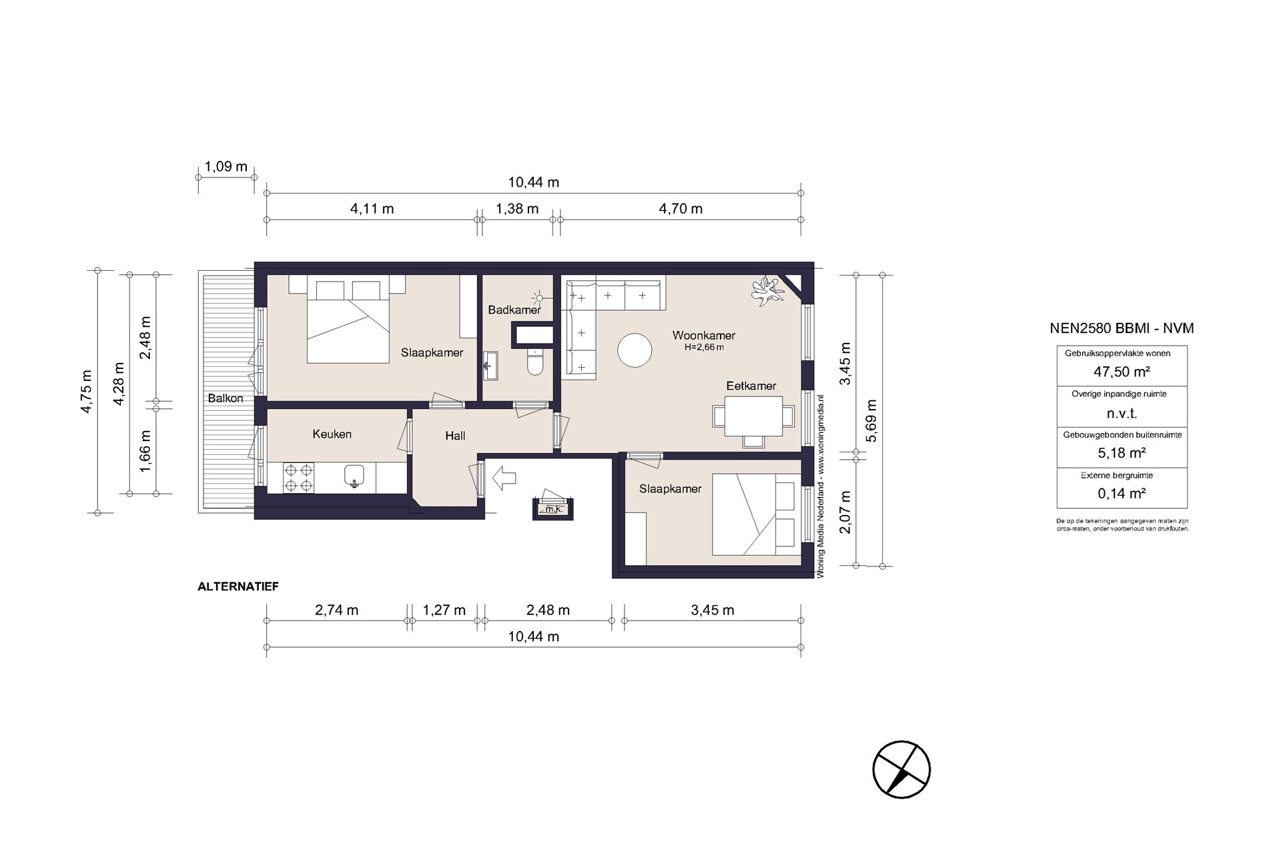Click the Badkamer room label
click(x=514, y=310)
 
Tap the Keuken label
click(x=332, y=434)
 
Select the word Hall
click(x=455, y=436)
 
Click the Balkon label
click(x=226, y=398)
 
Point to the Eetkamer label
click(x=751, y=386)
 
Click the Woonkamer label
click(x=704, y=336)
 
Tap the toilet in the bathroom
click(x=536, y=360)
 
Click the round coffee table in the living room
click(x=634, y=350)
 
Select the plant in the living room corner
click(x=767, y=290)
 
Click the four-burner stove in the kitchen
click(x=298, y=478)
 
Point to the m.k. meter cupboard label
click(x=552, y=510)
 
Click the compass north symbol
click(x=901, y=769)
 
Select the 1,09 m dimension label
click(x=226, y=166)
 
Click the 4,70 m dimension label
click(x=681, y=209)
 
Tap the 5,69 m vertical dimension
click(x=871, y=420)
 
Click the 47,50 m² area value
click(x=1122, y=372)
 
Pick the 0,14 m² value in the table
click(x=1122, y=494)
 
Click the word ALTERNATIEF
click(x=238, y=587)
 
